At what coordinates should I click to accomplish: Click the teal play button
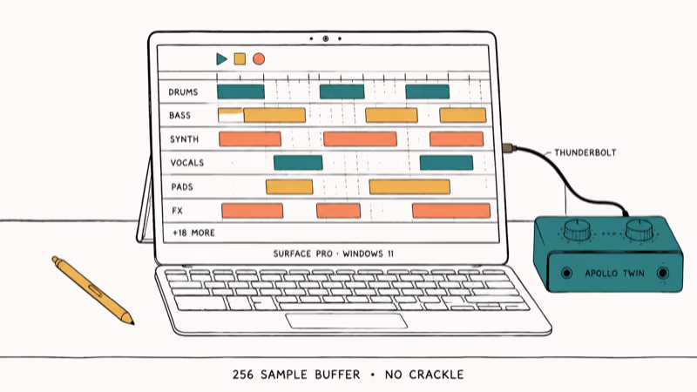(x=221, y=58)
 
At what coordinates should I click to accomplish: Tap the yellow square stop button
(x=240, y=58)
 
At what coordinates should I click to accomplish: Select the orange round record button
(x=259, y=58)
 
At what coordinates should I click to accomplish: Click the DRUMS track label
(x=183, y=92)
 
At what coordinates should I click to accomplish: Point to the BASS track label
(x=179, y=116)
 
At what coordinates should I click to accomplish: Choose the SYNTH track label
(x=184, y=139)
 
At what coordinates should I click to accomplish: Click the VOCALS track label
(x=187, y=163)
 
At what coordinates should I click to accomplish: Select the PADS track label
(x=182, y=186)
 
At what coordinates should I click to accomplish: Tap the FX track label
(x=178, y=211)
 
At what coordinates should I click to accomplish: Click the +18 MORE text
(x=193, y=233)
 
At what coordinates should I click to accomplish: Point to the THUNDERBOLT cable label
(x=585, y=153)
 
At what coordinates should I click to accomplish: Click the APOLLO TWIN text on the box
(x=614, y=274)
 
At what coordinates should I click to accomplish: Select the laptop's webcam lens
(x=325, y=38)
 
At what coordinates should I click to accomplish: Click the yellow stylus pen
(x=93, y=290)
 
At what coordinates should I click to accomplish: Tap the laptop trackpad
(x=346, y=321)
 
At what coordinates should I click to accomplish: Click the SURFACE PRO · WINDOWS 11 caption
(x=334, y=253)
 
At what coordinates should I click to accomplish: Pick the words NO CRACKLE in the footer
(x=424, y=375)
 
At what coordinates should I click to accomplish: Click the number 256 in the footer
(x=243, y=375)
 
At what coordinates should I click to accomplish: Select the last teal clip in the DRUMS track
(x=427, y=91)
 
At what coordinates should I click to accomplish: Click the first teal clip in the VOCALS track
(x=298, y=163)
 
